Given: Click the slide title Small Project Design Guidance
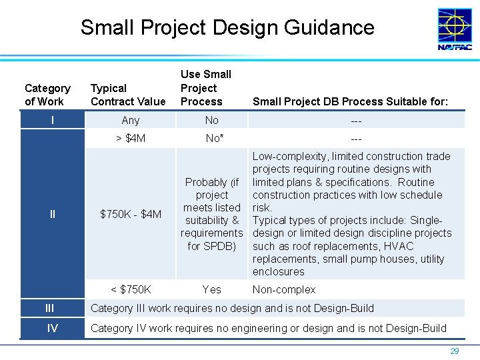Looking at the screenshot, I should pos(227,28).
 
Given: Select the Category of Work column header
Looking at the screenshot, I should pos(47,95).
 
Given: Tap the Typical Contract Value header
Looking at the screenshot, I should pos(127,95).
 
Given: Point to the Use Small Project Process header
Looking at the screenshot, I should pos(205,88).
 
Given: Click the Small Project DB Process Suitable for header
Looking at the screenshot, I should pos(351,101).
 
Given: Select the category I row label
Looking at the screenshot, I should pos(52,120).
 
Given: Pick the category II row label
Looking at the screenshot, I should pos(52,214).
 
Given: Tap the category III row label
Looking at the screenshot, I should pos(50,308).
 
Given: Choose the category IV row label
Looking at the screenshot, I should pos(52,328).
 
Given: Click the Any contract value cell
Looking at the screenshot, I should pos(131,120).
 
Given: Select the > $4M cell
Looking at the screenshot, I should pos(131,139).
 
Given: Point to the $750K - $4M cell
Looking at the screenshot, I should pos(131,214).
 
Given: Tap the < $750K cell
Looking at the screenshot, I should pos(131,289).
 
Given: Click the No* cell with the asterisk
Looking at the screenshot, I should pos(213,139).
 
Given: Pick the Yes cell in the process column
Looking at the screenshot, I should pos(211,289).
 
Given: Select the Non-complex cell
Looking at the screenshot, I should pos(284,289).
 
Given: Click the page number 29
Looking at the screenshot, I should pos(455,351).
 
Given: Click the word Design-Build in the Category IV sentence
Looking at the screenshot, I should pos(413,328).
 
